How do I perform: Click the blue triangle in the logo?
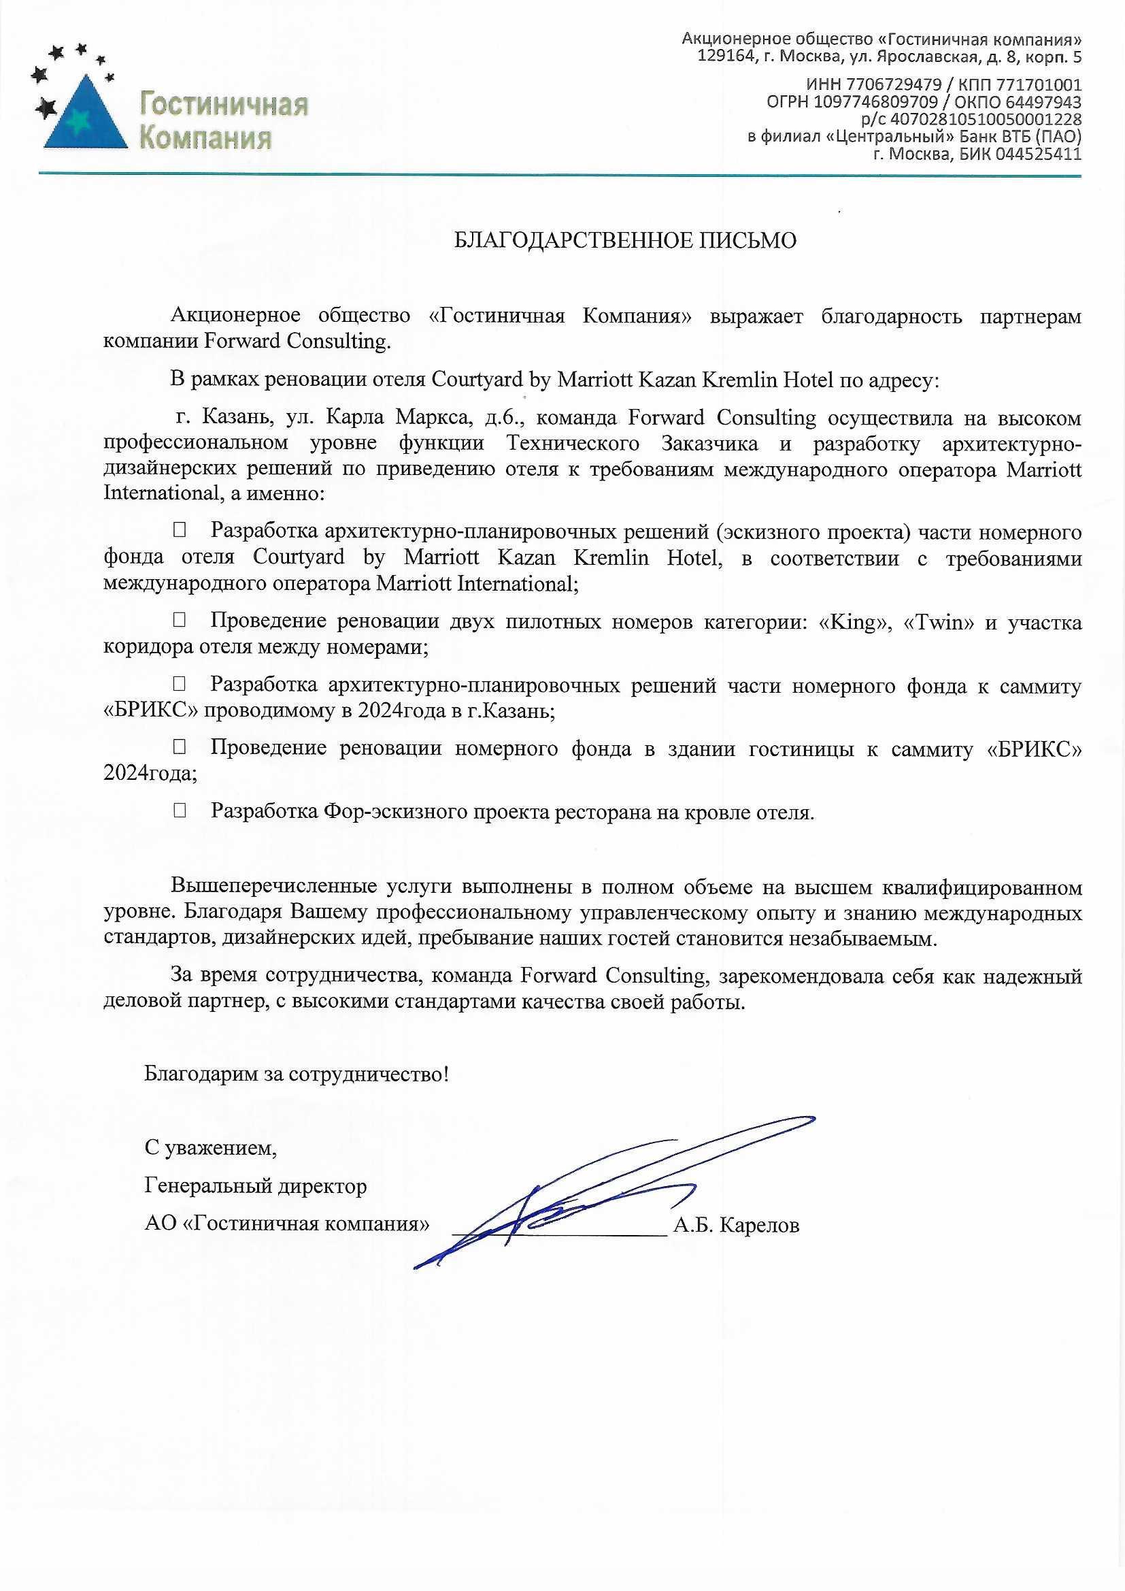click(x=85, y=118)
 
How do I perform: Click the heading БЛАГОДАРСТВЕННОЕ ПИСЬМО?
click(x=625, y=240)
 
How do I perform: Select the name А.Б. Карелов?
click(x=737, y=1226)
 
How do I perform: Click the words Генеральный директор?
click(x=256, y=1185)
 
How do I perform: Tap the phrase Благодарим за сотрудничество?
click(x=297, y=1074)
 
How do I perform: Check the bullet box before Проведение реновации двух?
click(x=180, y=620)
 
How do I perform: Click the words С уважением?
click(x=211, y=1147)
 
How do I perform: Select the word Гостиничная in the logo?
click(x=224, y=105)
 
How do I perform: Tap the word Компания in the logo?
click(x=205, y=138)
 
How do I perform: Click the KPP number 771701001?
click(x=1039, y=85)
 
